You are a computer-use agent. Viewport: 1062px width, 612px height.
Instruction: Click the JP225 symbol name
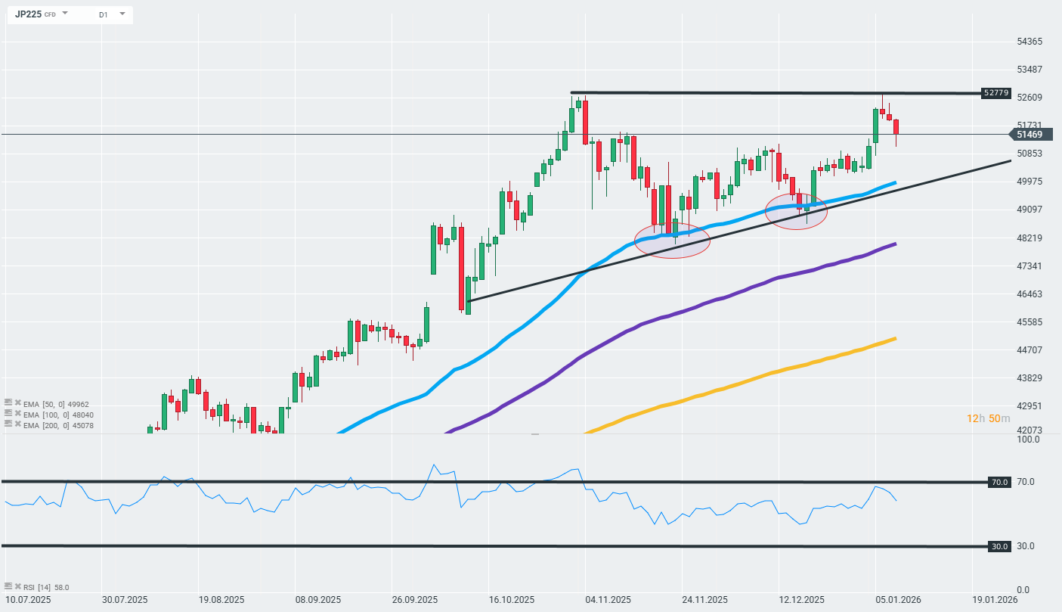[x=28, y=14]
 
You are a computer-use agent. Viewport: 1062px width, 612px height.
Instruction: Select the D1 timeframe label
[x=103, y=14]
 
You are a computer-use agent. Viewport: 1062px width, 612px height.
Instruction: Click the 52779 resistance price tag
[x=995, y=93]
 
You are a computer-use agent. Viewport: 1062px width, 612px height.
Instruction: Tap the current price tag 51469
[x=1029, y=135]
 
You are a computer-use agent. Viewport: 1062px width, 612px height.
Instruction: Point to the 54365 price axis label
[x=1029, y=42]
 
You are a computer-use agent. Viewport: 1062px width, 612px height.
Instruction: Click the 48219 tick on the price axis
[x=1029, y=238]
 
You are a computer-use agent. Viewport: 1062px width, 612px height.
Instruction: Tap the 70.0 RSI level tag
[x=999, y=482]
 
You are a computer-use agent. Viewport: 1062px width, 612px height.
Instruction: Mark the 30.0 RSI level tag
[x=999, y=546]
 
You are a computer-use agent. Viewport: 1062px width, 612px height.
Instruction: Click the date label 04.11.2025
[x=608, y=600]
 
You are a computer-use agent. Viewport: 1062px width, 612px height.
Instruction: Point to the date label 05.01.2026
[x=898, y=600]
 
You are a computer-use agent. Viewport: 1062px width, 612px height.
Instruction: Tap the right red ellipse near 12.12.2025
[x=796, y=211]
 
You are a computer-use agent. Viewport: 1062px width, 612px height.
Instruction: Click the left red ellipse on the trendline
[x=672, y=241]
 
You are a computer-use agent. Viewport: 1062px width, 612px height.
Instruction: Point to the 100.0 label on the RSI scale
[x=1027, y=440]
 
